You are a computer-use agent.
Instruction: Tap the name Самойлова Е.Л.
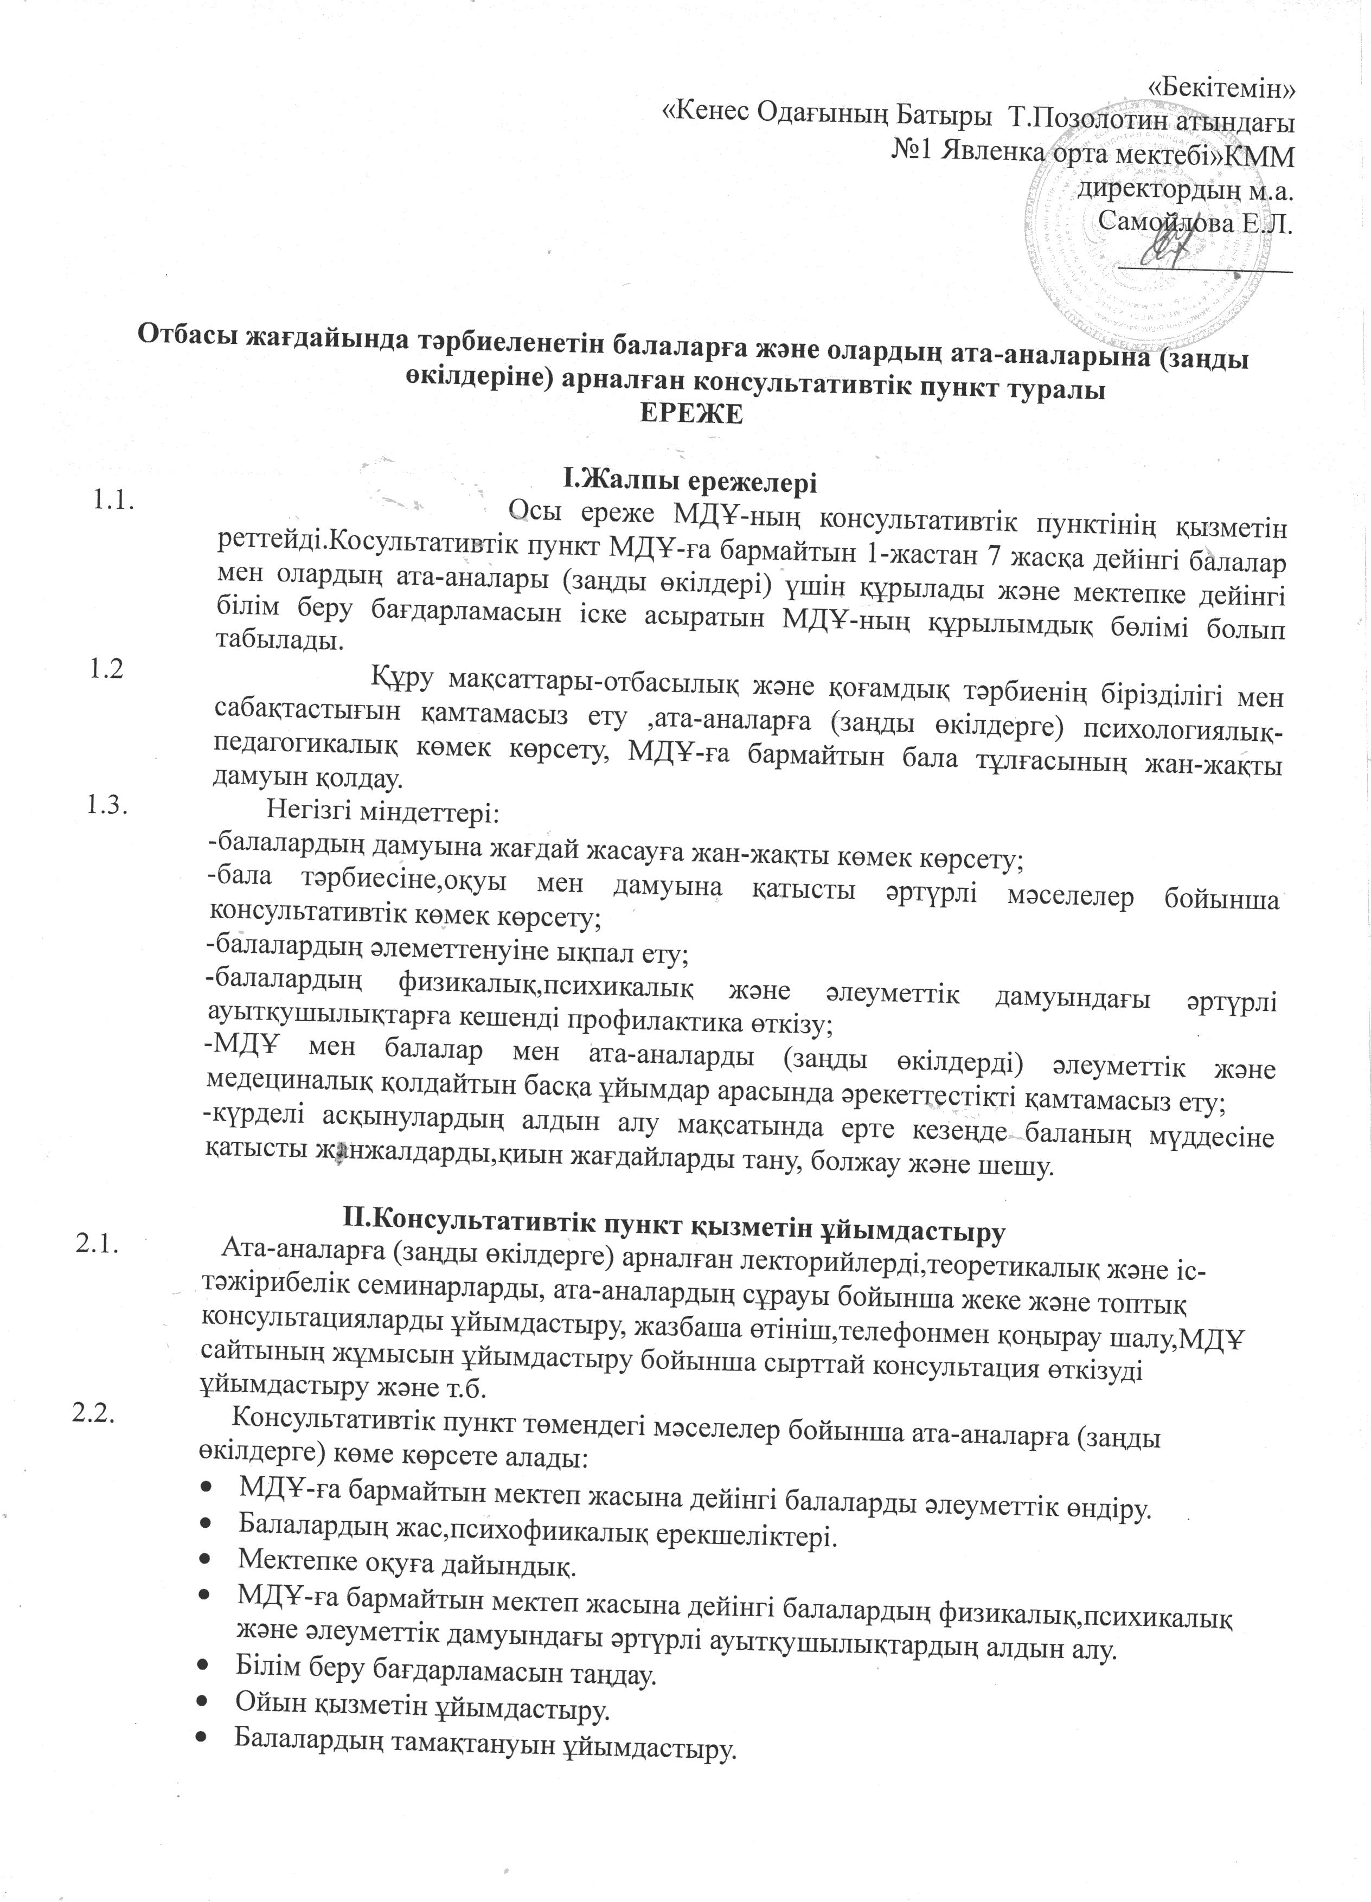pyautogui.click(x=1194, y=222)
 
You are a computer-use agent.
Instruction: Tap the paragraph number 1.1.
pyautogui.click(x=115, y=502)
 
